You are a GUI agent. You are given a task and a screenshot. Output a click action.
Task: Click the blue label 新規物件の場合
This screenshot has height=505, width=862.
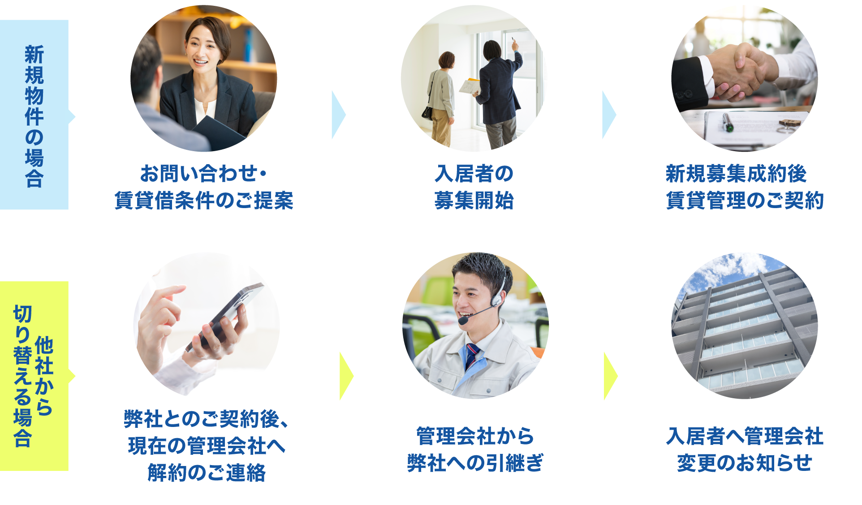coord(34,115)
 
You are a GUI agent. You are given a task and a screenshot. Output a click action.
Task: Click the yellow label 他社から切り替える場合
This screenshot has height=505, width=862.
coord(34,376)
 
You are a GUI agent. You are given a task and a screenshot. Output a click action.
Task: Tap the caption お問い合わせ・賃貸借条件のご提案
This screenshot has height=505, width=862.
coord(204,187)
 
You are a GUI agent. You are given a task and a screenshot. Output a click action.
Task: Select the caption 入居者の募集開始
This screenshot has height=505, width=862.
coord(474,187)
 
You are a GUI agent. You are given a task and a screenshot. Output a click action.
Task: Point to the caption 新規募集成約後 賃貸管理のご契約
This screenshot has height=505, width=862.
coord(744,187)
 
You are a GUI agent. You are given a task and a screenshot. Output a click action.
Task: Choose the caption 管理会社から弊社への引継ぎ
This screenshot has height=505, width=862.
coord(475,449)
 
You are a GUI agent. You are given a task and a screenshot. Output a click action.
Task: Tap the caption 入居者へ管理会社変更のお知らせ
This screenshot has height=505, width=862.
coord(744,449)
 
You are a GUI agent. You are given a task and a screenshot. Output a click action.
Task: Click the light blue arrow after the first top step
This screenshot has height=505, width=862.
coord(338,115)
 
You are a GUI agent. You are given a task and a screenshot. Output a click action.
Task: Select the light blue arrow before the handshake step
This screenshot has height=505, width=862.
coord(608,115)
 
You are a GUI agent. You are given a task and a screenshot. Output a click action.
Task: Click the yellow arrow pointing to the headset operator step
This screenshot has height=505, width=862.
coord(346,376)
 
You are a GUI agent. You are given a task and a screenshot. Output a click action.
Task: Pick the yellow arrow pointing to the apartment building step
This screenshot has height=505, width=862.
coord(610,376)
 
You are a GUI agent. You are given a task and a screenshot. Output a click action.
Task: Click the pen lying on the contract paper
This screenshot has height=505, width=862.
coord(727,122)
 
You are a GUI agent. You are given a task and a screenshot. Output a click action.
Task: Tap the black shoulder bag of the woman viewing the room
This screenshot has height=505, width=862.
coord(427,112)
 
